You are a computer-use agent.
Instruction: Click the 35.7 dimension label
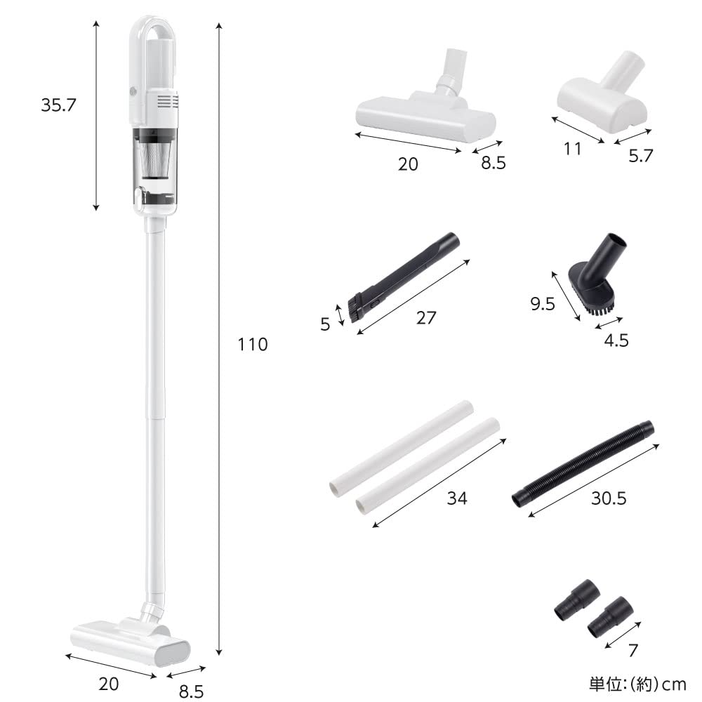point(58,105)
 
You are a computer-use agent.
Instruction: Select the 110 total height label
point(252,345)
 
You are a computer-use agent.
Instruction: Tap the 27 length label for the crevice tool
point(426,317)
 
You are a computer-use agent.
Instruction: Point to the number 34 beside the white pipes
point(457,498)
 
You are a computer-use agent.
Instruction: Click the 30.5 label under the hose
point(608,498)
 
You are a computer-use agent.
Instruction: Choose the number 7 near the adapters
point(633,650)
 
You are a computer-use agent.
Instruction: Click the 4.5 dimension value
point(616,340)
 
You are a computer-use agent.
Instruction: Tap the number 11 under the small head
point(572,149)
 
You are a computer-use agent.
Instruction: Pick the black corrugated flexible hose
point(583,463)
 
